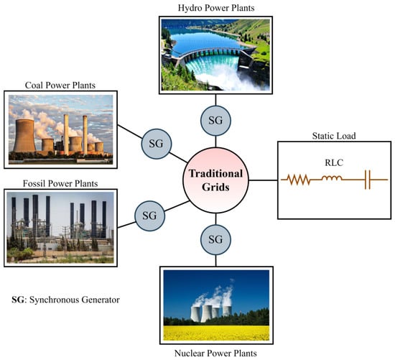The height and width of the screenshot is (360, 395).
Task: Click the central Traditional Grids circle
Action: pos(215,180)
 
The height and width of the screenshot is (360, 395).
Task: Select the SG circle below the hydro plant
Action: pos(215,121)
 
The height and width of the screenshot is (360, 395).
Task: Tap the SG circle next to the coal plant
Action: pos(156,144)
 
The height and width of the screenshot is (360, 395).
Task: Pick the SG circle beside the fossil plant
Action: pos(149,216)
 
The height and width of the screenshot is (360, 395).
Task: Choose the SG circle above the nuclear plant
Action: pos(215,239)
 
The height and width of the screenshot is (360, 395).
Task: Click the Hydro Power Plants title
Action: pos(216,8)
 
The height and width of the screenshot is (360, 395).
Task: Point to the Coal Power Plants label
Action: pos(60,86)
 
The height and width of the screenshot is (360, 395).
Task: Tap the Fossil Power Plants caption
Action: pos(60,183)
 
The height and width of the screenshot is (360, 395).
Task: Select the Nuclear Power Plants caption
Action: pos(215,353)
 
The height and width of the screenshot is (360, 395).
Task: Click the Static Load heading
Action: pos(334,136)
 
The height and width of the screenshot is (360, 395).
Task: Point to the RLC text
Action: pos(334,162)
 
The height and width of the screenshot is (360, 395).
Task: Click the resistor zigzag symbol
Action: pos(299,180)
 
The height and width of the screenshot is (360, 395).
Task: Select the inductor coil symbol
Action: pos(332,178)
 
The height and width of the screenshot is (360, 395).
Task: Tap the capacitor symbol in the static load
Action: pos(368,180)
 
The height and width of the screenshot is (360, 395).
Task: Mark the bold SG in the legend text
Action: pos(18,300)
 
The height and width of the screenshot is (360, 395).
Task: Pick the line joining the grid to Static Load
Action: pos(264,180)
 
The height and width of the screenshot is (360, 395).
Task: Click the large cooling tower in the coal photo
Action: pos(24,136)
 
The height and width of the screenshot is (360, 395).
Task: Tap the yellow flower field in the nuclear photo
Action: pos(216,333)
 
